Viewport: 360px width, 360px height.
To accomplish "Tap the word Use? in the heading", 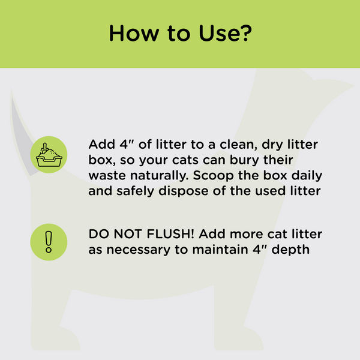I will point(224,33).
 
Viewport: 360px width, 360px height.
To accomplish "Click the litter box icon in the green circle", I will point(49,155).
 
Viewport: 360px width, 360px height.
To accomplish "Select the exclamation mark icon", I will point(49,241).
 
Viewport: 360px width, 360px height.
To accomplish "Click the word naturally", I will point(158,176).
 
